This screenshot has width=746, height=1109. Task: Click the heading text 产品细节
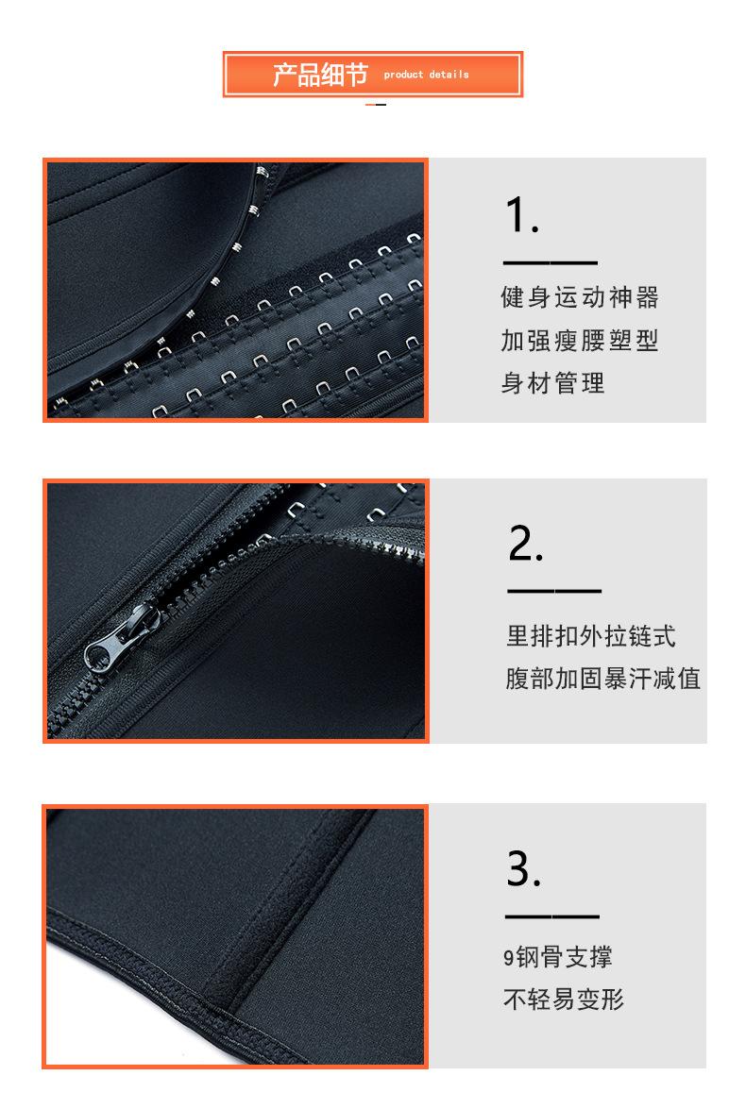319,75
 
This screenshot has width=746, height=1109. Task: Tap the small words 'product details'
426,75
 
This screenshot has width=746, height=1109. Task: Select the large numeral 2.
526,543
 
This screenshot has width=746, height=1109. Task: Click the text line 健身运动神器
579,298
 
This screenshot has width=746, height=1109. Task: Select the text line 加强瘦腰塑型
579,341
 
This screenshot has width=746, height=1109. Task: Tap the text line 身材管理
552,383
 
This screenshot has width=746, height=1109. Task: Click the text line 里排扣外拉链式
591,636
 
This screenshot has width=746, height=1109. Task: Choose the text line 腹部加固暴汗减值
603,679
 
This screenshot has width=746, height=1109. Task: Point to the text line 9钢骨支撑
557,957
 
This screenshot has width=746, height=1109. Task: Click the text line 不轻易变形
564,1000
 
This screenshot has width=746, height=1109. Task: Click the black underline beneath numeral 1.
550,262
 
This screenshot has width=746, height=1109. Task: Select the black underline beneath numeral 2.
554,591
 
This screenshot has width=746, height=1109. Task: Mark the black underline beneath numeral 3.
552,916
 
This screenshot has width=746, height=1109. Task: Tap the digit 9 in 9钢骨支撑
508,958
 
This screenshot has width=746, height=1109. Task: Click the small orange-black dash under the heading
375,104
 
